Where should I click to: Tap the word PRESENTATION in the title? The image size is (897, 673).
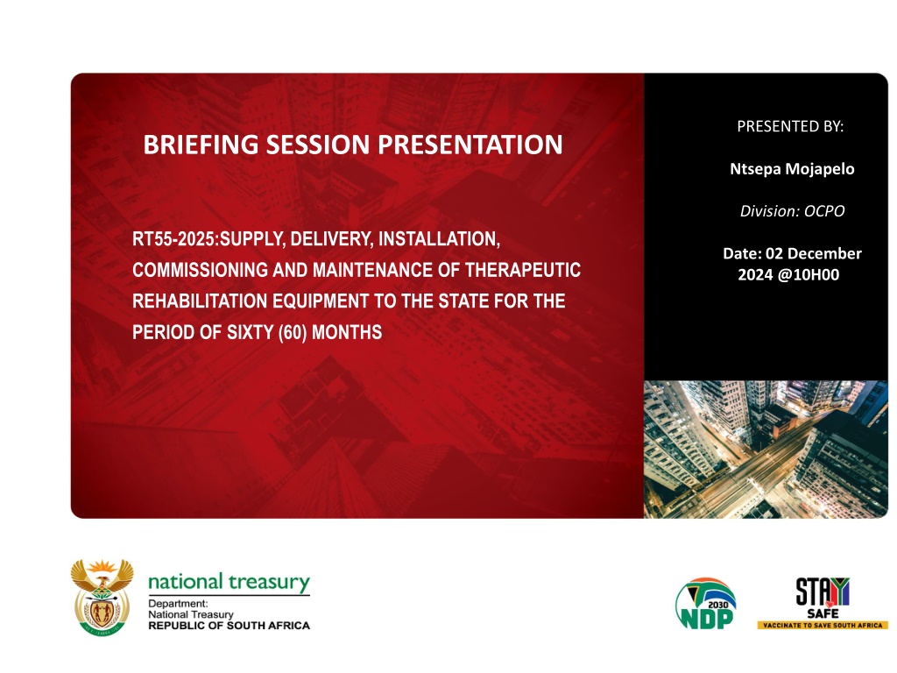(470, 145)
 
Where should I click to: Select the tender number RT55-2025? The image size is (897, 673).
(174, 238)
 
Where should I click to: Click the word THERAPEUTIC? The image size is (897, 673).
(523, 270)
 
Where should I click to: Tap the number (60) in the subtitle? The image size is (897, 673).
(293, 332)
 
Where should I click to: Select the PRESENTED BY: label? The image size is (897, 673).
(790, 126)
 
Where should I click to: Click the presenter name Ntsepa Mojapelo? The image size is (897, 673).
(792, 169)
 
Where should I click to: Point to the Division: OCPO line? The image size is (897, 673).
(792, 211)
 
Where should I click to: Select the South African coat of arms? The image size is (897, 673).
(102, 598)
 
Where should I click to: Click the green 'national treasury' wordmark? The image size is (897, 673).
(229, 582)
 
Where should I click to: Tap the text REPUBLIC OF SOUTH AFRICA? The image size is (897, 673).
(229, 626)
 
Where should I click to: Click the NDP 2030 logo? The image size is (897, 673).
(705, 604)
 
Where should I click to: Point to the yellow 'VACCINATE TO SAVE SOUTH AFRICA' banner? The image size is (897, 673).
(823, 626)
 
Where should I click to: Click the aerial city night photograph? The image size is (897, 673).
(766, 450)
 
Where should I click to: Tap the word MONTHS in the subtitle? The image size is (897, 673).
(347, 332)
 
